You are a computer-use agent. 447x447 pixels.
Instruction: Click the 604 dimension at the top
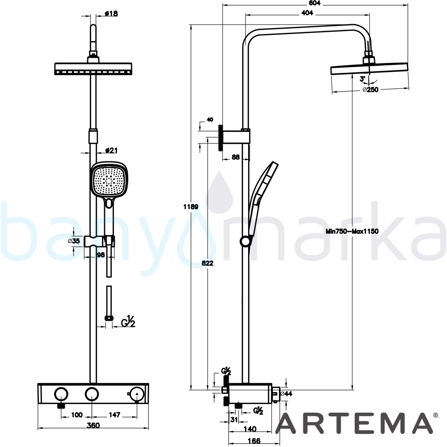[315, 3]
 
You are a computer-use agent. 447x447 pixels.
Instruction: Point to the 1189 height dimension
[191, 207]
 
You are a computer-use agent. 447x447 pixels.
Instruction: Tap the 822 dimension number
[207, 263]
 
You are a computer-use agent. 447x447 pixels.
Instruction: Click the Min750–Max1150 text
[352, 231]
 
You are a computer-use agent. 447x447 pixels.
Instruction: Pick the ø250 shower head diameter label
[370, 89]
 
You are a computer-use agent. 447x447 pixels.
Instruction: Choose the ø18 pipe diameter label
[111, 13]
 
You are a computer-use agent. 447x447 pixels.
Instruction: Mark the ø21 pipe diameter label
[111, 150]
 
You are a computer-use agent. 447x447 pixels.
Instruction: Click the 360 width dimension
[93, 426]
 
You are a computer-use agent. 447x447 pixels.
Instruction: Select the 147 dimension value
[114, 415]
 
